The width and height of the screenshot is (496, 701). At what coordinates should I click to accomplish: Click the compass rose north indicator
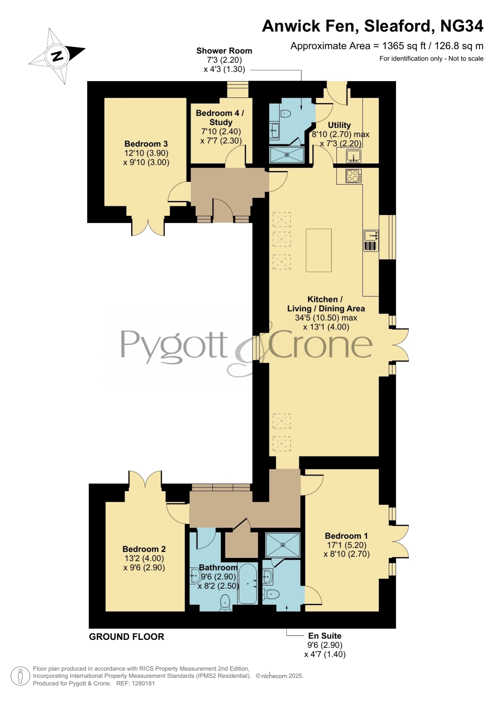point(57,56)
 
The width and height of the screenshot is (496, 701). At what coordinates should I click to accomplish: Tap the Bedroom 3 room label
point(146,144)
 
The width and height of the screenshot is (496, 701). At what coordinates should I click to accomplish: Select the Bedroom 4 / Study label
point(220,117)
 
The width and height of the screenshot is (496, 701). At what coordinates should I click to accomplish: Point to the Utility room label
point(339,125)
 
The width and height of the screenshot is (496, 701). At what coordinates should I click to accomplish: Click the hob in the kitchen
point(354,176)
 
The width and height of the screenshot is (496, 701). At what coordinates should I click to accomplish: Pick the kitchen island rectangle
point(319,250)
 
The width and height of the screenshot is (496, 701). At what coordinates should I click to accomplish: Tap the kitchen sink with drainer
point(371,240)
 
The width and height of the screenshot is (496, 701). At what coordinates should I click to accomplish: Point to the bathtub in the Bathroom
point(248,584)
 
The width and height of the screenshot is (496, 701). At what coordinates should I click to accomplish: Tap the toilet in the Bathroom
point(225,602)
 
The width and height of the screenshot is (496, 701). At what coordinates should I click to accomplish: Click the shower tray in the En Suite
point(283,545)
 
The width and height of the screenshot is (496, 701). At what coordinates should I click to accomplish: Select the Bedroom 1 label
point(346,536)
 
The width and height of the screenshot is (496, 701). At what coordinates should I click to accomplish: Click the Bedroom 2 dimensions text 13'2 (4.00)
point(144,558)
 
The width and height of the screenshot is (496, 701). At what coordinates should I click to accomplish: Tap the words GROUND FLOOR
point(126,637)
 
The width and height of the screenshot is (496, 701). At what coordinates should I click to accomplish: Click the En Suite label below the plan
point(325,636)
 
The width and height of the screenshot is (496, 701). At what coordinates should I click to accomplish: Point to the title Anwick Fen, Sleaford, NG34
point(372,26)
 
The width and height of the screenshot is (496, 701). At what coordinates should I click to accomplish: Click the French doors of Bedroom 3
point(148,226)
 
